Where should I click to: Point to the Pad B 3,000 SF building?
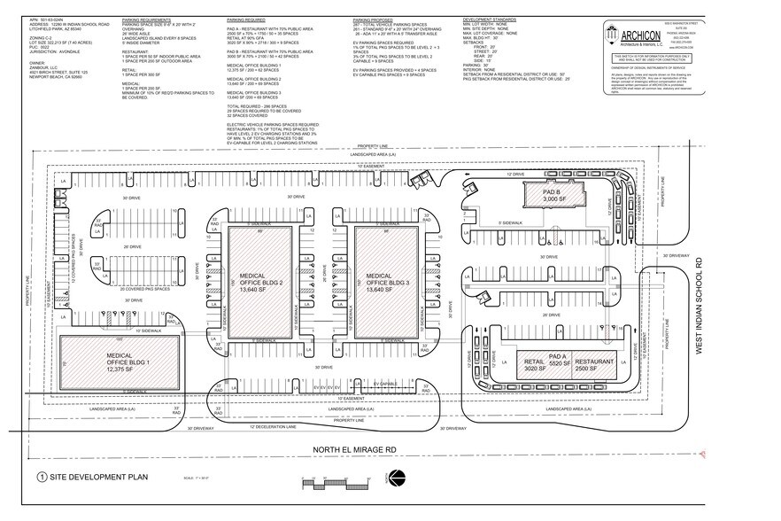pyautogui.click(x=552, y=194)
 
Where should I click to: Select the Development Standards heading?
pyautogui.click(x=489, y=18)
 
